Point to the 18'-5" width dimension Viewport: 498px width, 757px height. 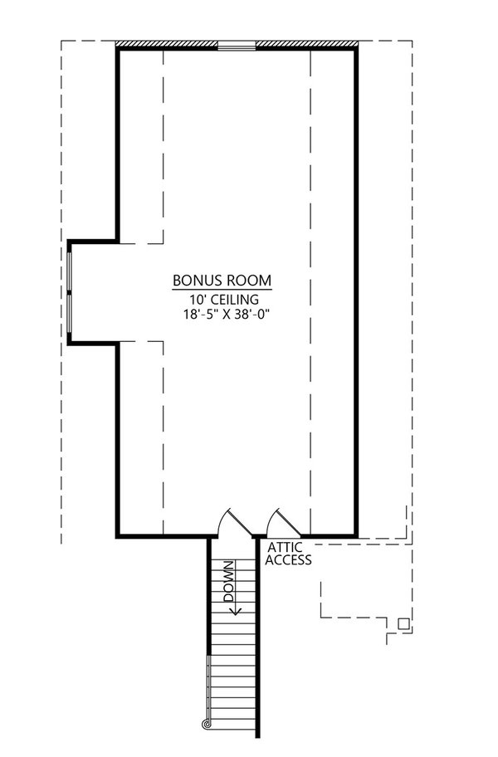pos(200,315)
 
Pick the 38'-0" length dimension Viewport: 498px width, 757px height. pos(251,315)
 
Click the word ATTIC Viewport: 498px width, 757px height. pos(286,548)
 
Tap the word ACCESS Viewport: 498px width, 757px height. pos(289,560)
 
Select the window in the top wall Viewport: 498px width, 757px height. pos(237,46)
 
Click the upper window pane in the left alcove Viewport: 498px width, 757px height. pos(70,271)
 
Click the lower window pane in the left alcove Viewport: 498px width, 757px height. pos(70,314)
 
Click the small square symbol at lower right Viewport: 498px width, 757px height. pos(403,623)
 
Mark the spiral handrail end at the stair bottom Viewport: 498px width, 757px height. pos(206,724)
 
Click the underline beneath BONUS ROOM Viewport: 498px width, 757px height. pos(222,290)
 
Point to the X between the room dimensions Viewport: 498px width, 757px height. pos(226,315)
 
